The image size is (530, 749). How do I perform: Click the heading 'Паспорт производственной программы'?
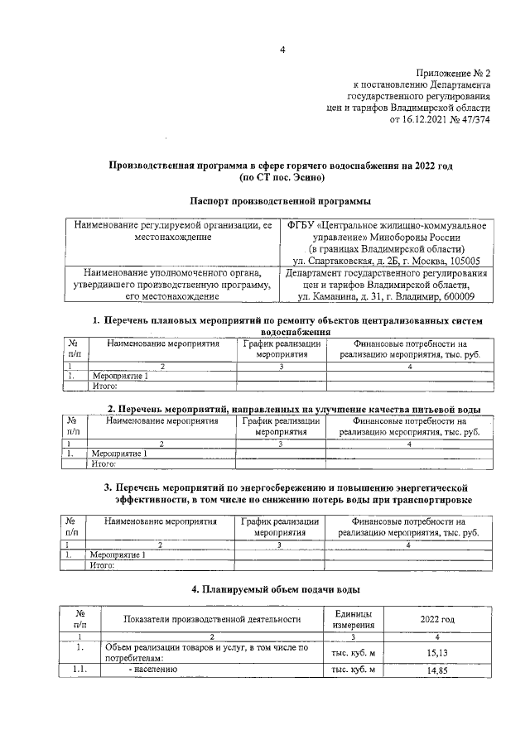pyautogui.click(x=280, y=201)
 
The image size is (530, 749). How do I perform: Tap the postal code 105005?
pyautogui.click(x=464, y=261)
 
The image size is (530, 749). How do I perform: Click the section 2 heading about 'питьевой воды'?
pyautogui.click(x=294, y=409)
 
